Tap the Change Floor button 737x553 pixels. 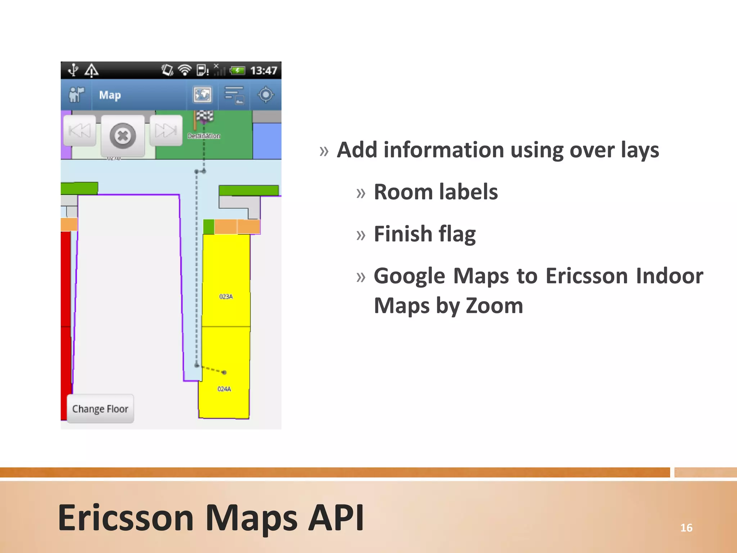pyautogui.click(x=100, y=409)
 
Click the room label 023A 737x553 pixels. pyautogui.click(x=226, y=297)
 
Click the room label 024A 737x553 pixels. pyautogui.click(x=224, y=389)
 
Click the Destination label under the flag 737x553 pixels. pyautogui.click(x=204, y=136)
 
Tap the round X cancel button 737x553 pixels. pyautogui.click(x=123, y=136)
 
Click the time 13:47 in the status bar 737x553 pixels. pyautogui.click(x=264, y=71)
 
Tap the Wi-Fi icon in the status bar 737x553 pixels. pyautogui.click(x=185, y=70)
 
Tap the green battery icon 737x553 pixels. pyautogui.click(x=238, y=70)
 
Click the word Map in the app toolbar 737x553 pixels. pyautogui.click(x=110, y=95)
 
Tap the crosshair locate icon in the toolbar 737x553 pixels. pyautogui.click(x=266, y=95)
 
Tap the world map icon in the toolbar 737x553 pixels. pyautogui.click(x=203, y=95)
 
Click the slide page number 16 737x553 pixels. pyautogui.click(x=686, y=528)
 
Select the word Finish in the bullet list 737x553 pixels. pyautogui.click(x=403, y=234)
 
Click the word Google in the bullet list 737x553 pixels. pyautogui.click(x=410, y=276)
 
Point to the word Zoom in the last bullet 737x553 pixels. pyautogui.click(x=494, y=306)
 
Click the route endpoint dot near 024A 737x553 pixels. pyautogui.click(x=224, y=372)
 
